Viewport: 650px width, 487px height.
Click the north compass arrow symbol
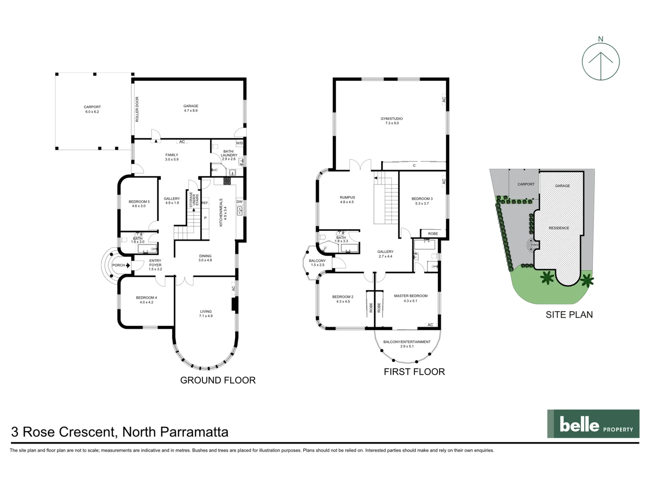600,62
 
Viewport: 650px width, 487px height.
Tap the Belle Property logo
593,424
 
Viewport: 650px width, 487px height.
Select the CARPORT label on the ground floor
92,107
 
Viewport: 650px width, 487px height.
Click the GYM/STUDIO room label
391,119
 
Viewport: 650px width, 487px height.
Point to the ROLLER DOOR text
137,109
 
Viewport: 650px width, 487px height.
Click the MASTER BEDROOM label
410,296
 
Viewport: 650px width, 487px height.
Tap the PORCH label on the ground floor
118,265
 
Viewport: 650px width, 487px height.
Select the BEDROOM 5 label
139,202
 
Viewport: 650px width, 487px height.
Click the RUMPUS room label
347,198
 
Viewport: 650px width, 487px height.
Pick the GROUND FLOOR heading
218,380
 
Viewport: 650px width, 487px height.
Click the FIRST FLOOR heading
414,372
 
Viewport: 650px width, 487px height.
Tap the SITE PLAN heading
569,315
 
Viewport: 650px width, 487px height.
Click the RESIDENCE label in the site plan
558,228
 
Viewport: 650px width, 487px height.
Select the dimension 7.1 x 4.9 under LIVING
205,316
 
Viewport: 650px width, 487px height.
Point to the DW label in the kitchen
239,202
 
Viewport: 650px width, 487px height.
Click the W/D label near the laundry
239,143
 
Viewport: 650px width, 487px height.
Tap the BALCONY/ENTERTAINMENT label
407,342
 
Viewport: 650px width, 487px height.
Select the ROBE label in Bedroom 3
432,234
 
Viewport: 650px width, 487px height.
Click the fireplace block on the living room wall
234,304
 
